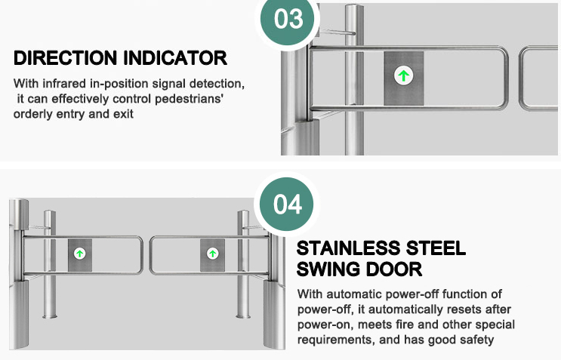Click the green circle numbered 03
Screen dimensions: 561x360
point(287,20)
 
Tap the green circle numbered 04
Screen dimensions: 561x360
point(287,204)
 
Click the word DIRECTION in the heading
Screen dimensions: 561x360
point(66,58)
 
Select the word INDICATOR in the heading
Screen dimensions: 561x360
point(175,58)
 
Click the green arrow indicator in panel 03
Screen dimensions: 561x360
point(404,75)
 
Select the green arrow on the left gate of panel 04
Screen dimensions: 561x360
point(79,254)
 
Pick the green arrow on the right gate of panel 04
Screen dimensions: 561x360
point(212,254)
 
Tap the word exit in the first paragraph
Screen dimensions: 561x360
point(123,115)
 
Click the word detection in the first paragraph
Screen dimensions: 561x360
point(217,84)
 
